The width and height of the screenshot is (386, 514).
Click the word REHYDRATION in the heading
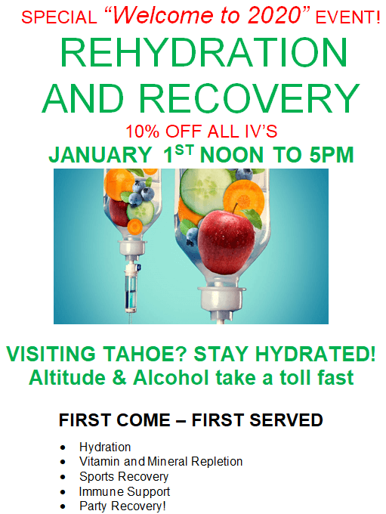[x=203, y=53]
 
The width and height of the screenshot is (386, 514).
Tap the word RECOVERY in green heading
[x=249, y=98]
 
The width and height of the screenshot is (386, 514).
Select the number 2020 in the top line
[x=273, y=15]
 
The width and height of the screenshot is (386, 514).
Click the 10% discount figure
[x=143, y=132]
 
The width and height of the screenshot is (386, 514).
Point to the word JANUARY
[x=100, y=155]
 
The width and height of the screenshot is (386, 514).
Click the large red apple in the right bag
[x=227, y=241]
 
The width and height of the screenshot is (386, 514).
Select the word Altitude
[x=67, y=378]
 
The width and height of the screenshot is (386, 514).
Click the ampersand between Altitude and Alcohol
[x=119, y=378]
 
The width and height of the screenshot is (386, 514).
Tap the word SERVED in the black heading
[x=286, y=420]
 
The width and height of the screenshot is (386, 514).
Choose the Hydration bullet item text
[x=105, y=447]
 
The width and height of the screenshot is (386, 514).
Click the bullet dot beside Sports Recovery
[x=63, y=477]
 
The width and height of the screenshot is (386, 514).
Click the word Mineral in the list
[x=168, y=461]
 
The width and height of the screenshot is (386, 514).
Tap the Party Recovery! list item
[x=122, y=506]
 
